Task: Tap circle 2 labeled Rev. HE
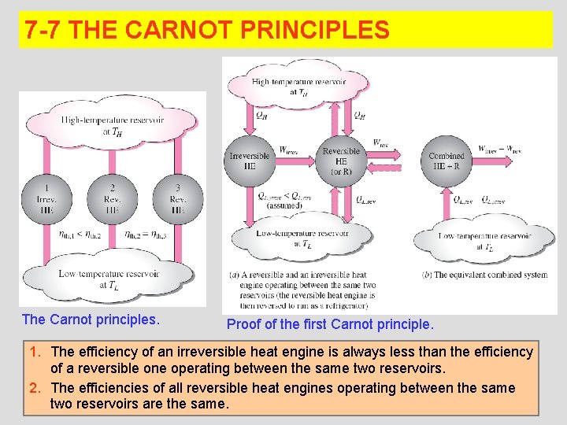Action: (x=112, y=197)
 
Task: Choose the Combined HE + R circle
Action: (x=447, y=161)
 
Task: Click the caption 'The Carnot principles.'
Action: (x=91, y=320)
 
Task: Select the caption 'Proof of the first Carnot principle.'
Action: (x=330, y=323)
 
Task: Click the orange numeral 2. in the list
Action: (x=35, y=388)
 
